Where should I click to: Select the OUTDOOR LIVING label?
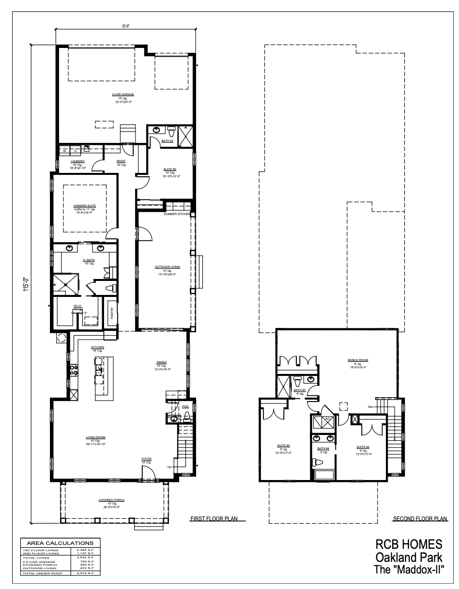165,267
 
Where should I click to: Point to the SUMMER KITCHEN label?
176,214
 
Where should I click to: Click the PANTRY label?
112,313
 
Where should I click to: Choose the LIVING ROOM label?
95,437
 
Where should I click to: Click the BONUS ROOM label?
358,360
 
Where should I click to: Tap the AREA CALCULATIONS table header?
60,543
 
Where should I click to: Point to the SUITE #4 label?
363,447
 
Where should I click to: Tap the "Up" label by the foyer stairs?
168,466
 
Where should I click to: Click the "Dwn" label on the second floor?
370,406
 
